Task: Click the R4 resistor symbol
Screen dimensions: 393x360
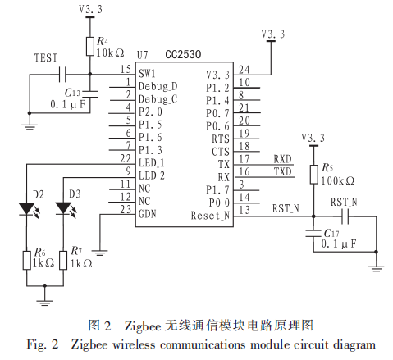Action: [90, 47]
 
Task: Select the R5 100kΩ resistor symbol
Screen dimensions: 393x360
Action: [313, 175]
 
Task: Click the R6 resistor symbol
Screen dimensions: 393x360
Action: [26, 260]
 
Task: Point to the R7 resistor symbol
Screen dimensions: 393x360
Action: [63, 260]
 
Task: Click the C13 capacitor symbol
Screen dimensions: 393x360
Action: [90, 93]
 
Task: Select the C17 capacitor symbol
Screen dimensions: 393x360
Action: [313, 233]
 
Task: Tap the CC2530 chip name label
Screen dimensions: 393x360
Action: [183, 54]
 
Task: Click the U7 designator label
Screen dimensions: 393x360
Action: [142, 55]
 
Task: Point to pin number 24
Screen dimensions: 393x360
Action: [244, 70]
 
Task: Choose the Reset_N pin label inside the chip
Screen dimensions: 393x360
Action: [210, 216]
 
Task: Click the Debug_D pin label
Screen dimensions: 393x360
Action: [158, 86]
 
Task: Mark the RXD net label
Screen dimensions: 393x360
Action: [283, 159]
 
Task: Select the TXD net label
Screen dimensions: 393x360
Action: [283, 172]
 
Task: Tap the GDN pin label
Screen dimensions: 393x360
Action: [148, 213]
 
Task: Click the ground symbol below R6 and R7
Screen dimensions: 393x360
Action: [44, 302]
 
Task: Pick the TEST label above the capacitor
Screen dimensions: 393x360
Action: [46, 58]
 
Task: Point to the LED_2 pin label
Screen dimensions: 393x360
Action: [152, 175]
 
